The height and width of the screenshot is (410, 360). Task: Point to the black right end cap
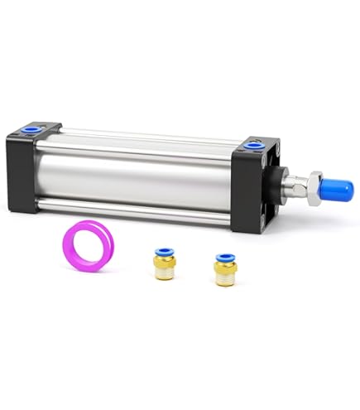coord(252,186)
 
